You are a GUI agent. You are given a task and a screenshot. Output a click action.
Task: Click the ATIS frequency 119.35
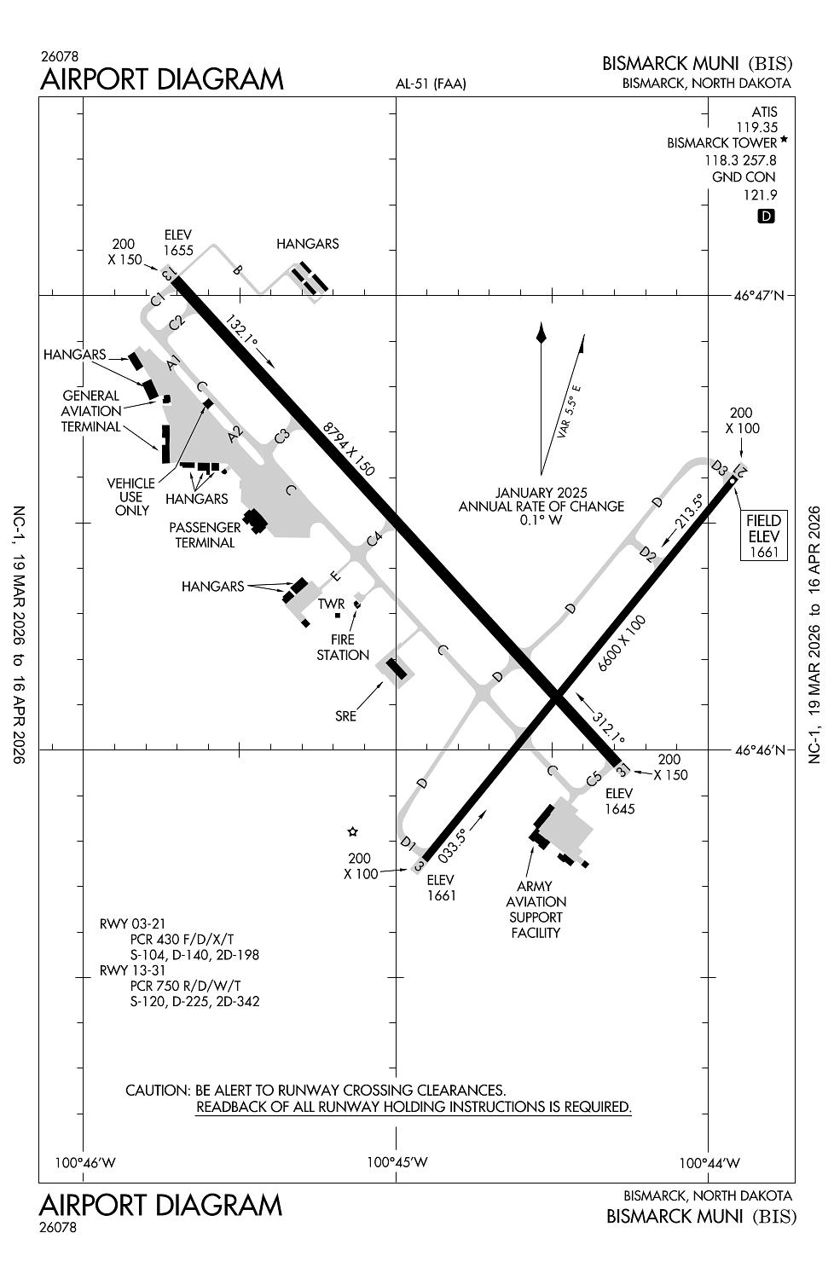(x=757, y=127)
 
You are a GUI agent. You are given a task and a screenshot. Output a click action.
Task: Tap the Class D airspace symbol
(x=766, y=217)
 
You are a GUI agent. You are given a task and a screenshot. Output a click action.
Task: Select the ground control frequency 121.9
(x=761, y=194)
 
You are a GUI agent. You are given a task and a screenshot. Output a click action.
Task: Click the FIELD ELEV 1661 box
(x=764, y=535)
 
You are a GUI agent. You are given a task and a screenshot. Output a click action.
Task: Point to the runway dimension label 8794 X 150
(x=349, y=449)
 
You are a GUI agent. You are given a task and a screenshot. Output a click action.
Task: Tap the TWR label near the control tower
(x=331, y=604)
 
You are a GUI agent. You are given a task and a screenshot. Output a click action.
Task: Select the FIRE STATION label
(x=343, y=647)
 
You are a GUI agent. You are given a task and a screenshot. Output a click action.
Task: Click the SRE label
(x=345, y=716)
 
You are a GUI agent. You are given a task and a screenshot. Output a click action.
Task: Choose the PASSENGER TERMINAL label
(x=205, y=535)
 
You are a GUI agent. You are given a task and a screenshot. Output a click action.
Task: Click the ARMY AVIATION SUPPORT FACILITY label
(x=536, y=909)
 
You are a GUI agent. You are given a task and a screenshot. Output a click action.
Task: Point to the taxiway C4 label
(x=374, y=538)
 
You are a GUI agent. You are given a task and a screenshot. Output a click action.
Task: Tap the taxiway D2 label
(x=649, y=556)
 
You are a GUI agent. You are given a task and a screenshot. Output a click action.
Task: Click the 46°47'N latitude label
(x=759, y=296)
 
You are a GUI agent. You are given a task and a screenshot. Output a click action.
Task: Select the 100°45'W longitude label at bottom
(x=397, y=1162)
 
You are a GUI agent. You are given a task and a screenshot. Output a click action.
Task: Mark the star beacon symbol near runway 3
(x=352, y=831)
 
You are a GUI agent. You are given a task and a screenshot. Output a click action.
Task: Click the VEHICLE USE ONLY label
(x=130, y=496)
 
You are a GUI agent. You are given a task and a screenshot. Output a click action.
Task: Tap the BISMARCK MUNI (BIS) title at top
(x=698, y=64)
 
